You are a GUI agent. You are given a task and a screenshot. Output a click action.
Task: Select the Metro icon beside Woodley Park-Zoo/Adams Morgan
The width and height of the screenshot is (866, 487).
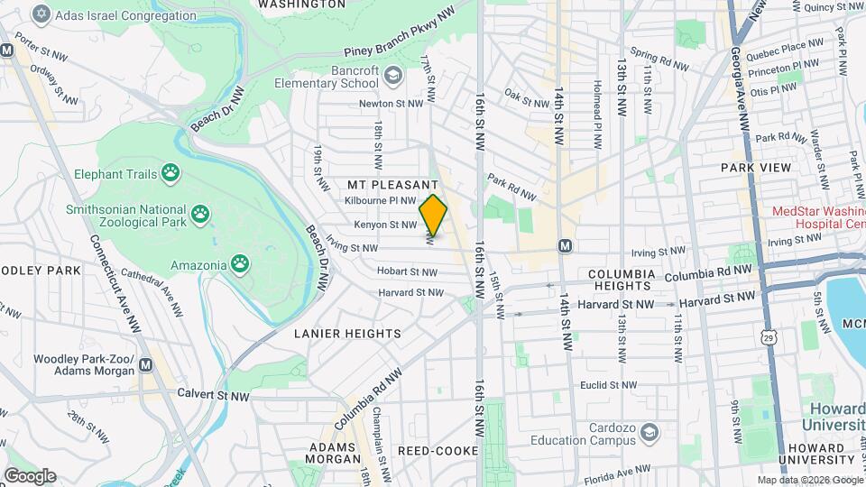pos(147,364)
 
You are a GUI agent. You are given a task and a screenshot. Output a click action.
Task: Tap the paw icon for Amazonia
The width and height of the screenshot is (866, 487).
pos(239,264)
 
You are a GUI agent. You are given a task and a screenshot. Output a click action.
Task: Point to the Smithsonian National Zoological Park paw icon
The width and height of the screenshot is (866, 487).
pos(201,216)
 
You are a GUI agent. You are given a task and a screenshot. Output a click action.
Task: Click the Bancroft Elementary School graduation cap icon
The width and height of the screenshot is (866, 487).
pos(392,75)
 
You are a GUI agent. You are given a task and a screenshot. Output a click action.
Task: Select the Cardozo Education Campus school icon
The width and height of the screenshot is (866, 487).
pos(649,434)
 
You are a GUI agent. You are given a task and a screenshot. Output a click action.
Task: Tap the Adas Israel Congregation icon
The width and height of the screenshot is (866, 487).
pos(41,15)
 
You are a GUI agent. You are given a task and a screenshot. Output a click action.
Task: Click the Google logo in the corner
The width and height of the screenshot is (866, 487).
pos(30,475)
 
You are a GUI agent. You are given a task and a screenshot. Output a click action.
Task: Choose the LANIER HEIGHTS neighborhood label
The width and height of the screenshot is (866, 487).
pos(347,334)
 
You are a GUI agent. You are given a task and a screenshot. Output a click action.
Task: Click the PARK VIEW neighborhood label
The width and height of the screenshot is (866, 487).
pos(756,168)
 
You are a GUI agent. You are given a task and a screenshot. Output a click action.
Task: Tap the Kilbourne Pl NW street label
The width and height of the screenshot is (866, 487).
pos(380,200)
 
